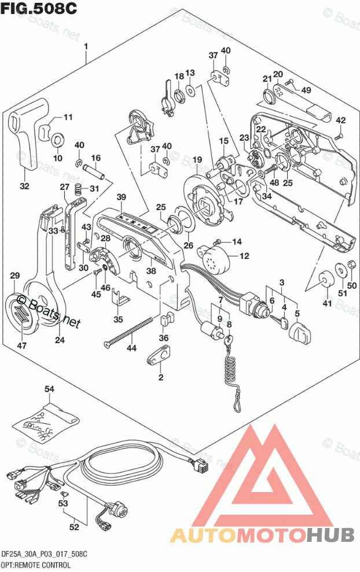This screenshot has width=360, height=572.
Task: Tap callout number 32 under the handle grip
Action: [24, 186]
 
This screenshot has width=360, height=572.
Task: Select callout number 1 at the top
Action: [86, 46]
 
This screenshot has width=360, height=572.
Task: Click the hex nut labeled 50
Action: [350, 267]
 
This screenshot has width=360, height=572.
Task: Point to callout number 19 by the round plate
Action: [197, 160]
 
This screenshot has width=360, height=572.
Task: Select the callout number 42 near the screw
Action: [340, 120]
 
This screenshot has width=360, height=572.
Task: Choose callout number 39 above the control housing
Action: [120, 198]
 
